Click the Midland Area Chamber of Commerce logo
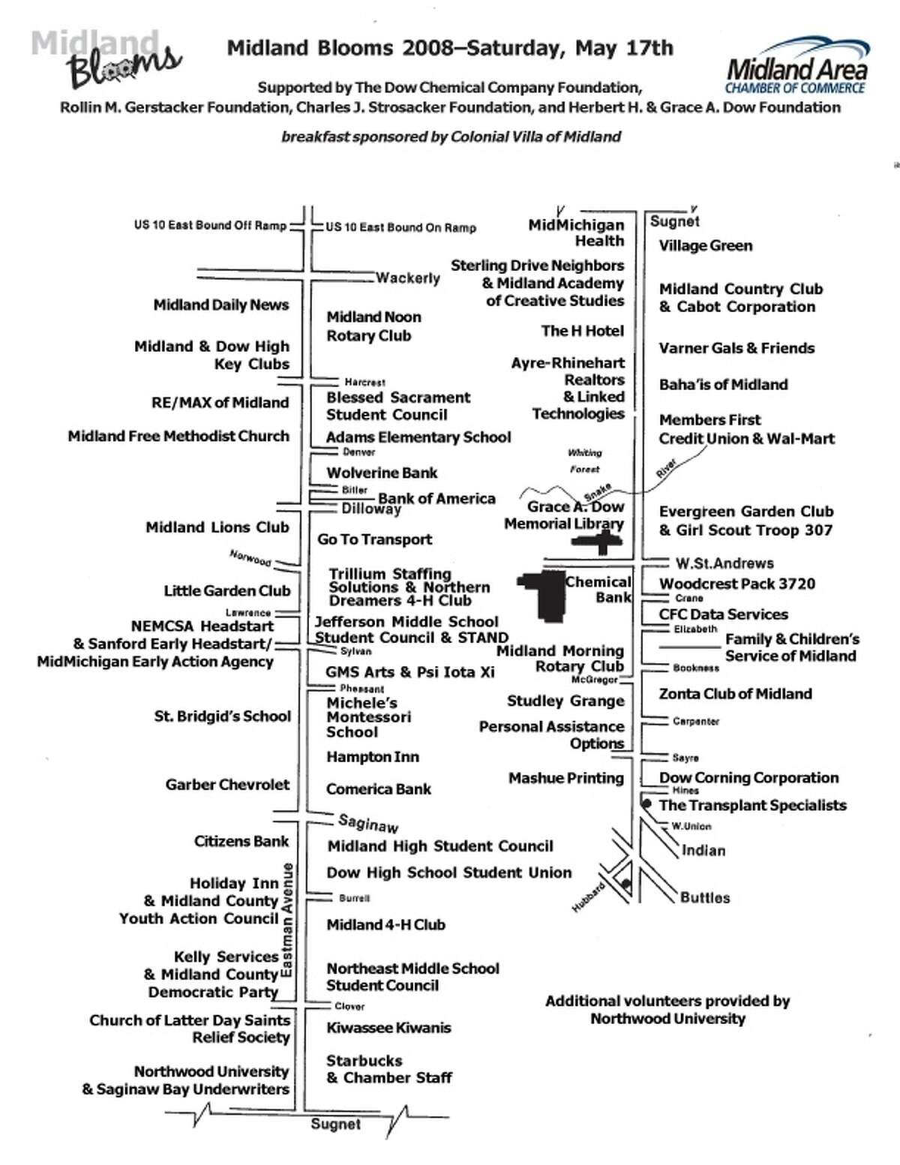pos(796,65)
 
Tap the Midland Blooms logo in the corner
pos(106,59)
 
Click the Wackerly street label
pos(408,278)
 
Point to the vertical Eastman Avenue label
pos(287,920)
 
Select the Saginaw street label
pos(369,823)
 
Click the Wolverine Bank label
pos(382,473)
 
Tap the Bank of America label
pos(436,499)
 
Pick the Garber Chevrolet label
pos(227,785)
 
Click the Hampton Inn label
pos(373,756)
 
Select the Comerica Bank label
pos(379,788)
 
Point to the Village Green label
pos(706,245)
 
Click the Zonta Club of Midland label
pos(736,694)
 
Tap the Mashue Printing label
pos(566,778)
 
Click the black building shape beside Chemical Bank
pos(542,595)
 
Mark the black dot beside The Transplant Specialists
pos(647,803)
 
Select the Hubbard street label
pos(589,897)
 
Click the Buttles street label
pos(705,897)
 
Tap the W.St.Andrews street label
pos(724,563)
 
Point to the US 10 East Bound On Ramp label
pos(401,227)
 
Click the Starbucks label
pos(364,1061)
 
